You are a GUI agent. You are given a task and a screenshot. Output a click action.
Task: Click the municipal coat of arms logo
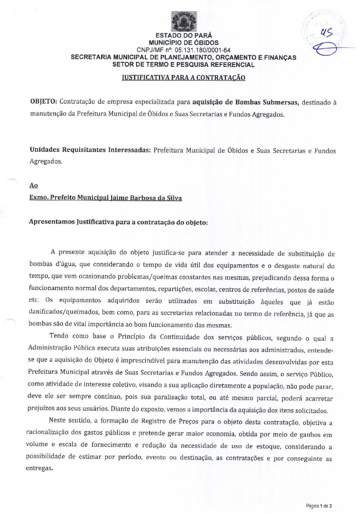click(184, 21)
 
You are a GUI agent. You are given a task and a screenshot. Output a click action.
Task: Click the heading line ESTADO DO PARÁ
click(184, 35)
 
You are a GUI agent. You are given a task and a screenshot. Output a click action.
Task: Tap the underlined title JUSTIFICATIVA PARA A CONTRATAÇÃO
click(183, 78)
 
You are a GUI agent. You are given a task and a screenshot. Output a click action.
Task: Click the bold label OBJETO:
click(44, 102)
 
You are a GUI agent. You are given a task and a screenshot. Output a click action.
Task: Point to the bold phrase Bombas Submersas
click(267, 102)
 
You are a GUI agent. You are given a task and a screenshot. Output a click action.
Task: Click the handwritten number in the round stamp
click(327, 33)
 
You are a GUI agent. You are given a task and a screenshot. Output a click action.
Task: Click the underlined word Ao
click(33, 185)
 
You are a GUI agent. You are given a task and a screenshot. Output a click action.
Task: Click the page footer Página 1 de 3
click(319, 506)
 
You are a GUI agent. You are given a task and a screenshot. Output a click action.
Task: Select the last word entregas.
click(39, 468)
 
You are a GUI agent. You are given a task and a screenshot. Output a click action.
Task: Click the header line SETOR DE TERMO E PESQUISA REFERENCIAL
click(183, 65)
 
